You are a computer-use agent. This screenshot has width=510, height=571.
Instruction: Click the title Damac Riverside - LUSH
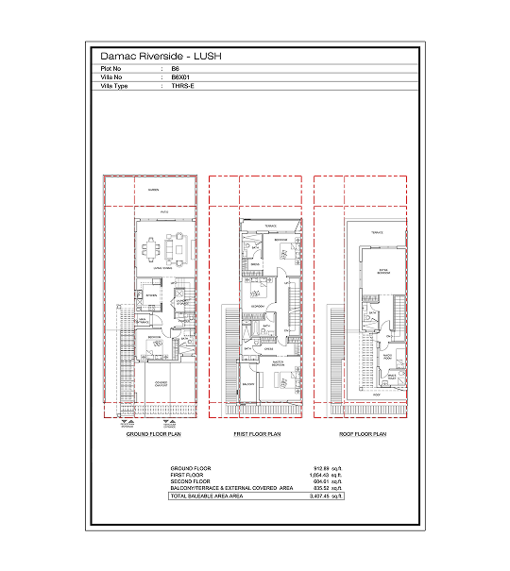pos(161,57)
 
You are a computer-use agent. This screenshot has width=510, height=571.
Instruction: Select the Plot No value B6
pos(175,70)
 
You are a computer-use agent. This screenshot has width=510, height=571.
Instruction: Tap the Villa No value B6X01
pos(178,77)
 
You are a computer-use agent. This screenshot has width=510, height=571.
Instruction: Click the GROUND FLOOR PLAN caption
pos(153,434)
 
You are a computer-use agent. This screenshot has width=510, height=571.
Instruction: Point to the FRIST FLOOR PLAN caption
pos(257,434)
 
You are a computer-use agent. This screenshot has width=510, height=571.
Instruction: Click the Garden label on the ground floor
pos(153,191)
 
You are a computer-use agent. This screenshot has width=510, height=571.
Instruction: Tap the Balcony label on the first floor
pos(248,385)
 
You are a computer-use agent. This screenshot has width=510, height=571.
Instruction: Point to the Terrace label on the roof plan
pos(376,232)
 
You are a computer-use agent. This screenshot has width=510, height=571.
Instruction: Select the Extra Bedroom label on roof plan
pos(383,271)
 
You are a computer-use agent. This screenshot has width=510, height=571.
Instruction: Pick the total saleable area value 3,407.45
pos(323,495)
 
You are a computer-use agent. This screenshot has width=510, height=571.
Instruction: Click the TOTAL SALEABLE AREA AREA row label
pos(207,495)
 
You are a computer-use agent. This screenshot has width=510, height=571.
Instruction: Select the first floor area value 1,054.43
pos(323,475)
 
